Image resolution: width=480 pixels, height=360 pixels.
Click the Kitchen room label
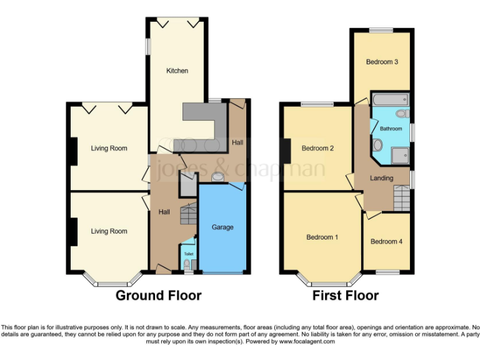point(177,71)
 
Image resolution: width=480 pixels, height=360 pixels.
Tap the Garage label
point(222,227)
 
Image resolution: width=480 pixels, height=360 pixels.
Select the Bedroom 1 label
point(322,237)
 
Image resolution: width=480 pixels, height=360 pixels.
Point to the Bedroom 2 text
point(317,148)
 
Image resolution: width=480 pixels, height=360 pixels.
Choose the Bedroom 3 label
point(382,61)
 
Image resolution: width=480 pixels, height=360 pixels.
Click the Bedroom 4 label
point(386,241)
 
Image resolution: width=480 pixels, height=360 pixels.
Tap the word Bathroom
point(391,129)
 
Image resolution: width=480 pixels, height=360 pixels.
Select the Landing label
point(381,178)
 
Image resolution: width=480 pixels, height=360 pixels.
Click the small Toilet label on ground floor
point(188,254)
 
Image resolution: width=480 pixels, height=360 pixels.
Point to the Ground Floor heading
point(158,296)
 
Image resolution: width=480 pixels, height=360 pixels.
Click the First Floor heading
point(346,296)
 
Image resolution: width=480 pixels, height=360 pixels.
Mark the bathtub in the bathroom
point(389,100)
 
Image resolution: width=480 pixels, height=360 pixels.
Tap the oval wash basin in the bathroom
point(377,145)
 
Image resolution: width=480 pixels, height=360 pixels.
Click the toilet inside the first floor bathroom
point(403,114)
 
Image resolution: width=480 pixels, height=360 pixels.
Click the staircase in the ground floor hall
point(187,216)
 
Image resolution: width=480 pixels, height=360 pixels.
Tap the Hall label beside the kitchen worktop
point(237,142)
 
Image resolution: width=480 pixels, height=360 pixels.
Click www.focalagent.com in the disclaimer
point(307,341)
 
